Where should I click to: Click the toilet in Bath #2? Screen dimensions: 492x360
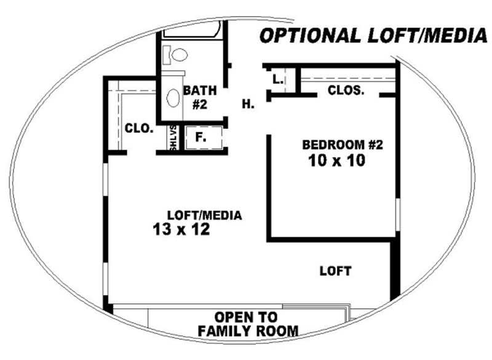pyautogui.click(x=175, y=55)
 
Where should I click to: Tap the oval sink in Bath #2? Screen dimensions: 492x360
pyautogui.click(x=173, y=98)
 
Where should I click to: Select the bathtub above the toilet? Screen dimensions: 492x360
pyautogui.click(x=192, y=30)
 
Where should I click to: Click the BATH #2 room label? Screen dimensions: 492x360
pyautogui.click(x=200, y=97)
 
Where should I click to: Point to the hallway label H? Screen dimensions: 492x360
pyautogui.click(x=248, y=104)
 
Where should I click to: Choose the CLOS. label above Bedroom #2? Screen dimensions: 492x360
pyautogui.click(x=346, y=90)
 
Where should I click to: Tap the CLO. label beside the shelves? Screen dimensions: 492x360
pyautogui.click(x=139, y=128)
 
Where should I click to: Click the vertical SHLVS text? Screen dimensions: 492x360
pyautogui.click(x=173, y=137)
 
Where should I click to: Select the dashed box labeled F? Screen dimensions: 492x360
pyautogui.click(x=204, y=137)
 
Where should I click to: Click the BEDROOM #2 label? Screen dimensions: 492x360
pyautogui.click(x=343, y=145)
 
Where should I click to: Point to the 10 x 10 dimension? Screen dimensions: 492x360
pyautogui.click(x=336, y=161)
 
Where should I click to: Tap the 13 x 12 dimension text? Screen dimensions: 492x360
pyautogui.click(x=181, y=229)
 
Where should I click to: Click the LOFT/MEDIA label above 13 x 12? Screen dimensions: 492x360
pyautogui.click(x=205, y=215)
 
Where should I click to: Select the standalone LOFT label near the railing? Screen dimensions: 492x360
pyautogui.click(x=335, y=271)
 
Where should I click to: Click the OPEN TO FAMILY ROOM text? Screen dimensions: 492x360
pyautogui.click(x=248, y=324)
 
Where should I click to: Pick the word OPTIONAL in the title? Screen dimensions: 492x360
pyautogui.click(x=311, y=36)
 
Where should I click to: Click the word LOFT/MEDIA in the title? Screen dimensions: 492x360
pyautogui.click(x=427, y=35)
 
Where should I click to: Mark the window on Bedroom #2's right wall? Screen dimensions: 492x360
pyautogui.click(x=398, y=215)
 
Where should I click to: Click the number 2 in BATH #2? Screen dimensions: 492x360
pyautogui.click(x=204, y=105)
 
